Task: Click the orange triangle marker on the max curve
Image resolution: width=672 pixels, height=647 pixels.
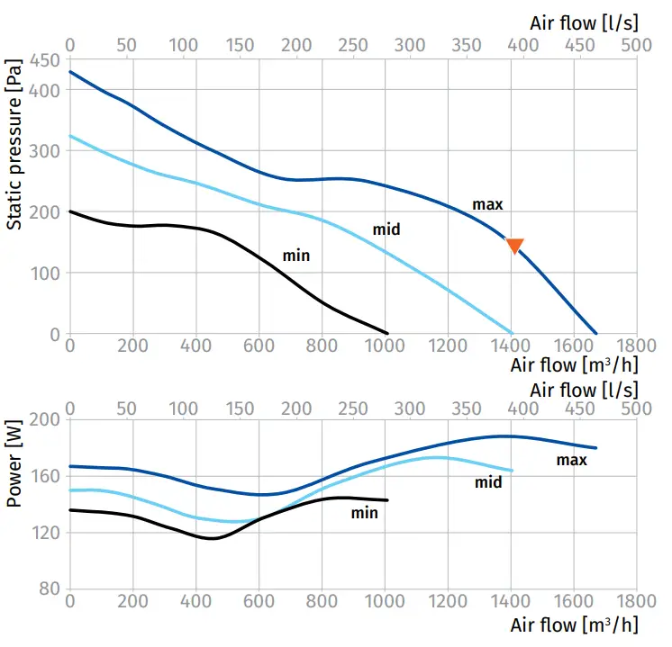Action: tap(514, 246)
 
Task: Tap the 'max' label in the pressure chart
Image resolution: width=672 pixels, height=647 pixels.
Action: tap(487, 205)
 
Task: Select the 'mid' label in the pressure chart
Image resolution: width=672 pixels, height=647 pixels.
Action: tap(386, 230)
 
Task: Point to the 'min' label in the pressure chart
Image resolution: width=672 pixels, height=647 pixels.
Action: tap(296, 256)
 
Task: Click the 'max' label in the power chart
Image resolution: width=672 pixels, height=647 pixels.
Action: tap(571, 461)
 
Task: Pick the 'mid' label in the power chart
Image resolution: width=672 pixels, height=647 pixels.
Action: tap(488, 482)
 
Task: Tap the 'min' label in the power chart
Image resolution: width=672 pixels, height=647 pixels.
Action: tap(364, 513)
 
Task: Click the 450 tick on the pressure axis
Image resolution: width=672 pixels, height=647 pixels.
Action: tap(47, 61)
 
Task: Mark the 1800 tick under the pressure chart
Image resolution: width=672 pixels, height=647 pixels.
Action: tap(636, 346)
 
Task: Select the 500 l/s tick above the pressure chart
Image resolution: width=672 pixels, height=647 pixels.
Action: tap(636, 45)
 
